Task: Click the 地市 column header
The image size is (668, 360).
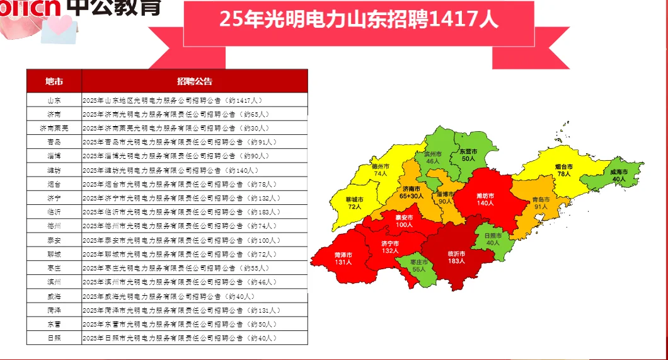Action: point(54,81)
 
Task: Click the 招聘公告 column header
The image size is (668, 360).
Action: point(195,81)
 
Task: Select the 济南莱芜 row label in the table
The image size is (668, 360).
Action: point(54,128)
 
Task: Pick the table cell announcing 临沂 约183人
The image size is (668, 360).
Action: point(181,212)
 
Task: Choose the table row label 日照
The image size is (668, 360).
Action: point(54,338)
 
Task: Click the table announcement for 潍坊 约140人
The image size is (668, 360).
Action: point(170,170)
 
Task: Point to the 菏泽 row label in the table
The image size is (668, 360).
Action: point(54,310)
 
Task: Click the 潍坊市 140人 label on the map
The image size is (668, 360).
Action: point(485,199)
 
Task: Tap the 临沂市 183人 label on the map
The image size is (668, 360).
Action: point(456,257)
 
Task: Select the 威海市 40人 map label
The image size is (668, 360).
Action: point(619,175)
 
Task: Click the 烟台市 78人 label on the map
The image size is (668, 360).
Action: point(563,170)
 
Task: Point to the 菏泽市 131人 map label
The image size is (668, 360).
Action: point(343,258)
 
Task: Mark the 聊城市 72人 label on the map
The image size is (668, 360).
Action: point(355,203)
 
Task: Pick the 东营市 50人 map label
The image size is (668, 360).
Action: point(468,156)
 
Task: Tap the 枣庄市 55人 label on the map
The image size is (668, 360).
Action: point(419,265)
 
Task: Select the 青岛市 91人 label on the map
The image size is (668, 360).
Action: point(541,202)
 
